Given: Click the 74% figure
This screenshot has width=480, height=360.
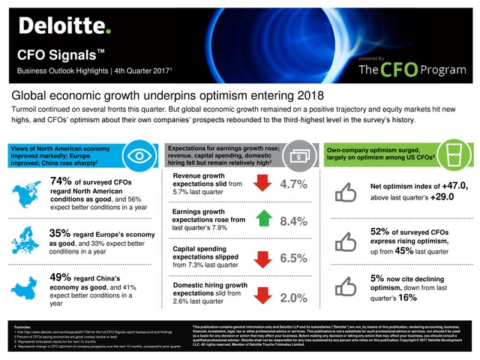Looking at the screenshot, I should pos(66,181).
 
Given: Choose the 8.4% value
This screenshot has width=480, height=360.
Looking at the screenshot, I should pos(295,221).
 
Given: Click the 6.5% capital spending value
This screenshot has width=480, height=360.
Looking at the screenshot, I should pos(295,257).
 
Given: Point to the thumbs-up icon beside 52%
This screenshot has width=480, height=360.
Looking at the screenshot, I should pos(346,241).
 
